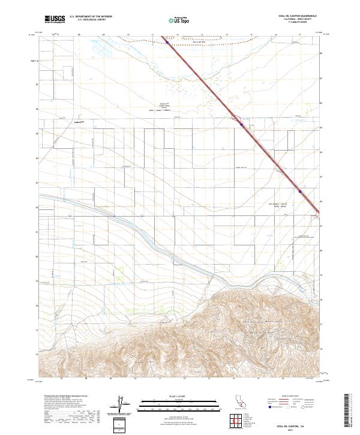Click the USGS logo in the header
[56, 20]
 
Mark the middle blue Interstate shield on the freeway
[241, 125]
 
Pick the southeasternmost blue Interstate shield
[300, 192]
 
